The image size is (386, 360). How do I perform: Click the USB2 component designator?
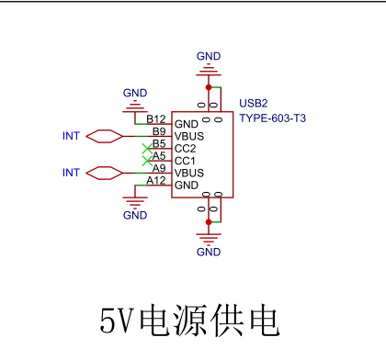tap(253, 103)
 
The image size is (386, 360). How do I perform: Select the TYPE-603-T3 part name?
tap(273, 118)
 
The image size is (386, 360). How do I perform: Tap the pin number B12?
tap(156, 119)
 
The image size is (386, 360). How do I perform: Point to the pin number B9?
tap(159, 131)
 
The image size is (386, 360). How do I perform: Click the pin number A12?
tap(156, 180)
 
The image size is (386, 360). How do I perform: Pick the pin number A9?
tap(159, 168)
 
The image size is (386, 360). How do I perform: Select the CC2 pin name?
tap(185, 148)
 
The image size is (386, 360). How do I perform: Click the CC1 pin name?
tap(185, 161)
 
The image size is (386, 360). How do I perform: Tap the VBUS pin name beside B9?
tap(189, 136)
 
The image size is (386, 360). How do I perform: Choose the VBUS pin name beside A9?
tap(189, 173)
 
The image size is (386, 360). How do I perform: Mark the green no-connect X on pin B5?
tap(145, 148)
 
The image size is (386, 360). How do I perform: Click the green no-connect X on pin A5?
tap(145, 161)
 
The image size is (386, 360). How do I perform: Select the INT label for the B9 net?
tap(71, 136)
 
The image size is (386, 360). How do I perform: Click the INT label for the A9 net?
tap(71, 173)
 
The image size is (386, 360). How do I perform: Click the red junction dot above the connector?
tap(209, 88)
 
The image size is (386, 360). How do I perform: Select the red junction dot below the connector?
tap(209, 221)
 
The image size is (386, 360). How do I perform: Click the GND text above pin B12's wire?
tap(135, 93)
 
